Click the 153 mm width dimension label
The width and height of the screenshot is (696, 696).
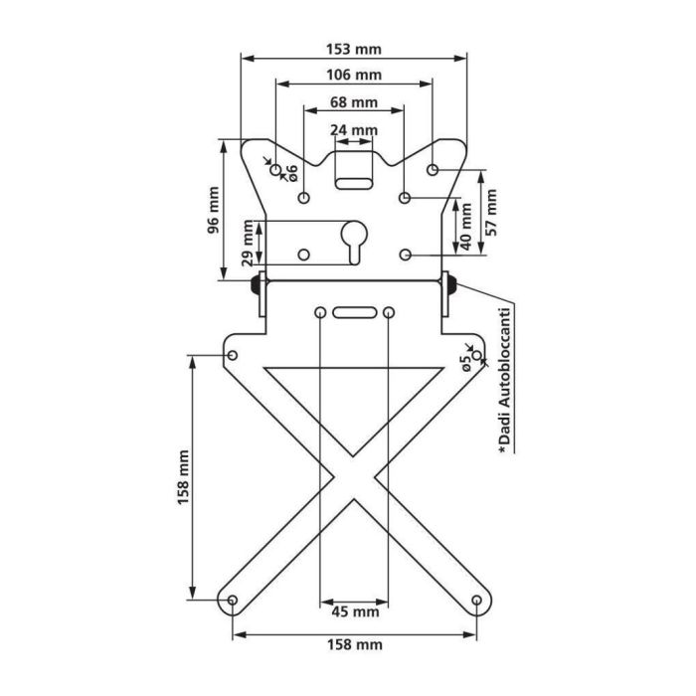point(353,49)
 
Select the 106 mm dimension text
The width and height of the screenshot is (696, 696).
point(353,76)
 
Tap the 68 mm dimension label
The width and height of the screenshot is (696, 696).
point(353,102)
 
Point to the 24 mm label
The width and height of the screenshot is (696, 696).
point(353,130)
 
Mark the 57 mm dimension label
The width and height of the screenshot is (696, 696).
point(490,212)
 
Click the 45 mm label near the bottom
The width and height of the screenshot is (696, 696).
point(353,610)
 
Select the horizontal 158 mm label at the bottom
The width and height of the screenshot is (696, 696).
point(353,644)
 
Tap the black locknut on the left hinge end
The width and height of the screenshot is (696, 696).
point(257,285)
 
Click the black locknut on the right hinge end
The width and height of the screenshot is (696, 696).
point(449,285)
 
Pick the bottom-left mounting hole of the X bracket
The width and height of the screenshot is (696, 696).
point(232,601)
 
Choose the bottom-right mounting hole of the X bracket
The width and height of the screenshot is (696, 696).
point(476,601)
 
